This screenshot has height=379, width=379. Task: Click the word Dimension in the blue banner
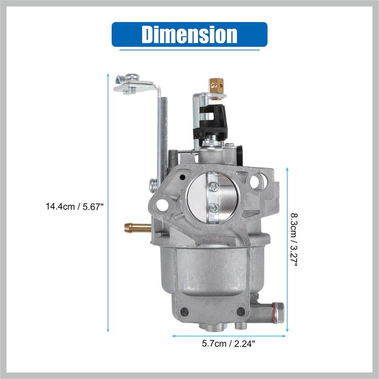[189, 34]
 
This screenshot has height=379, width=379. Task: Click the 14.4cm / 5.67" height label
[74, 207]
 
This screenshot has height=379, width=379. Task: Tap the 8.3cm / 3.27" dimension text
[294, 240]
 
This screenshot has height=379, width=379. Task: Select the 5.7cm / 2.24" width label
[229, 343]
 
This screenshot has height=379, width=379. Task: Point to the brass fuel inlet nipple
[138, 228]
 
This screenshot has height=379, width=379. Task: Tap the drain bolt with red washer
[278, 313]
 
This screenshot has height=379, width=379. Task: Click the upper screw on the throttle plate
[215, 186]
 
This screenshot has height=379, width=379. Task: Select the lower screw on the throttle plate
[215, 208]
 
